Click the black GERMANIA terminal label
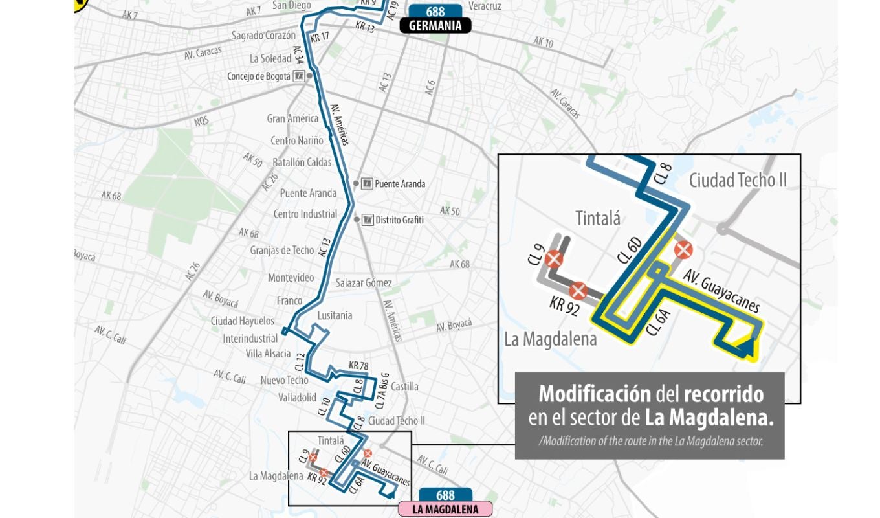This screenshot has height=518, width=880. (435, 26)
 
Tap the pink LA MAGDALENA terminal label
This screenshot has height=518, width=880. (445, 510)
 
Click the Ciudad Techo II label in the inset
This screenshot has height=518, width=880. (738, 180)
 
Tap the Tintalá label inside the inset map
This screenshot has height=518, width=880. (597, 218)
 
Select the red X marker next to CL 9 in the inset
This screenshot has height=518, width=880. (553, 260)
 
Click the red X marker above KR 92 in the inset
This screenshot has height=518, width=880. (578, 291)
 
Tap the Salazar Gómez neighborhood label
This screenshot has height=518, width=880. (364, 282)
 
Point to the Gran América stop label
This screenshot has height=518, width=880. (292, 118)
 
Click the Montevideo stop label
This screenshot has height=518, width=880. (291, 278)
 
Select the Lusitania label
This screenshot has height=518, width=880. (335, 315)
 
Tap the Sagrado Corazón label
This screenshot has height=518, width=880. (263, 36)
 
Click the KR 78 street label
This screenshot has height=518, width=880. (358, 366)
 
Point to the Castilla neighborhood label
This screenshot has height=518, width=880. (404, 387)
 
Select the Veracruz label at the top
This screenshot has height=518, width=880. (485, 6)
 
